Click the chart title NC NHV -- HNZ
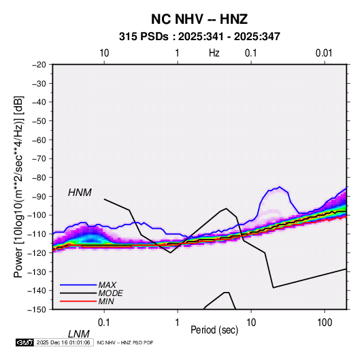199,19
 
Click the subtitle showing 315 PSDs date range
199,37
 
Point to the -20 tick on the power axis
39,65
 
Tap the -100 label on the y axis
37,215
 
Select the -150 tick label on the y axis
37,310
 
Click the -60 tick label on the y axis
39,140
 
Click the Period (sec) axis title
214,330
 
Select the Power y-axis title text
18,187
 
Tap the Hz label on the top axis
214,53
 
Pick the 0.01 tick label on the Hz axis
324,53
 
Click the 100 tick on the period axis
325,323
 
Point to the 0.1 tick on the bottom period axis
104,323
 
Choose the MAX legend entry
88,284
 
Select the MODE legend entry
91,293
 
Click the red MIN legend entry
87,301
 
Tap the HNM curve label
80,193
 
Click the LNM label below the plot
78,334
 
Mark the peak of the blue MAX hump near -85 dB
280,186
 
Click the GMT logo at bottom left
24,342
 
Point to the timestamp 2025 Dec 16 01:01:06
63,342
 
